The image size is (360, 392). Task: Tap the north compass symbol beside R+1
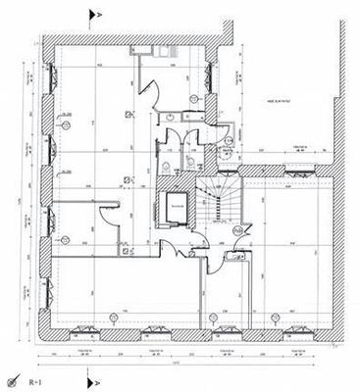coord(13,378)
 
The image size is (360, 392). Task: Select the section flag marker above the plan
coord(92,14)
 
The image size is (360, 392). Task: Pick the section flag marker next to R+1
coord(92,376)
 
